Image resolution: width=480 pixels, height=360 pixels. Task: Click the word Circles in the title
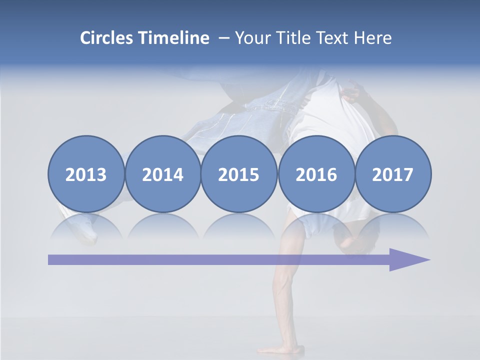tap(107, 38)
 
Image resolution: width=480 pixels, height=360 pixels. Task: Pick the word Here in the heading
tap(372, 38)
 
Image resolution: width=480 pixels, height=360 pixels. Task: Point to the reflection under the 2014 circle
tap(162, 227)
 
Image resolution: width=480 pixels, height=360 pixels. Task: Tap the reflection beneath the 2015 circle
tap(239, 227)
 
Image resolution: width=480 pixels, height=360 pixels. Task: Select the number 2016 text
tap(316, 175)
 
